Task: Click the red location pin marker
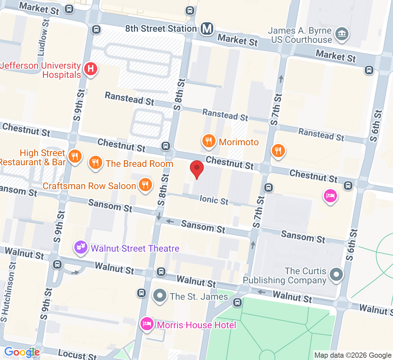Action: (197, 169)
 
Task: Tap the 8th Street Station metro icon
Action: (207, 29)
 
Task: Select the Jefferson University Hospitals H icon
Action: (90, 69)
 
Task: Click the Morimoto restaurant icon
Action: (209, 141)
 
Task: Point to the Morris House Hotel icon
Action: (147, 324)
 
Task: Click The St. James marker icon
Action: (159, 296)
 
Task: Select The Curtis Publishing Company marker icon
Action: (336, 275)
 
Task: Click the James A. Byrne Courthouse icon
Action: (342, 34)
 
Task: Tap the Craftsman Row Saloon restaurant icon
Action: (145, 185)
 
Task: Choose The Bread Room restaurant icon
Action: (95, 162)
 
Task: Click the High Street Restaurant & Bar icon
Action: (75, 156)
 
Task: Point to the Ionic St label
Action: (214, 200)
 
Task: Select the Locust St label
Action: (77, 355)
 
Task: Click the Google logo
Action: (22, 352)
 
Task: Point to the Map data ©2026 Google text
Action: (353, 355)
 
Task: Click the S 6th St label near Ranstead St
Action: (376, 126)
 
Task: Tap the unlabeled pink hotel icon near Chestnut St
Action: (330, 196)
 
